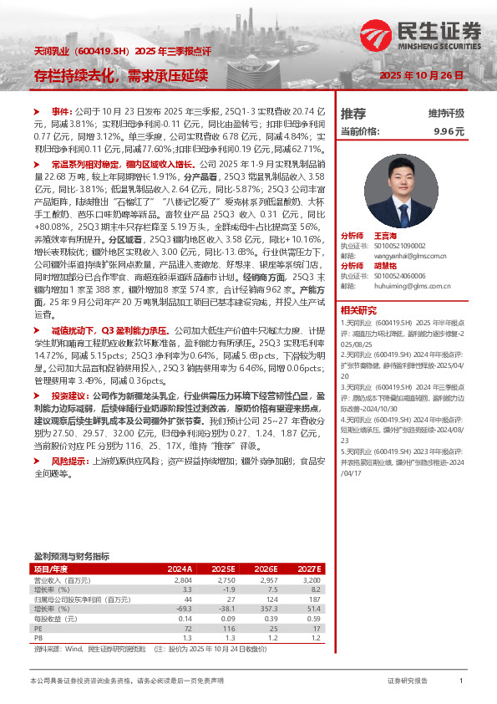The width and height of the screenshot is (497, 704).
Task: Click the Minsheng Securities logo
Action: (423, 35)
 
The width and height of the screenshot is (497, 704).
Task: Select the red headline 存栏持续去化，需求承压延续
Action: (120, 75)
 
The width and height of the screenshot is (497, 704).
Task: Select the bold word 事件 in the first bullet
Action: (63, 111)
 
